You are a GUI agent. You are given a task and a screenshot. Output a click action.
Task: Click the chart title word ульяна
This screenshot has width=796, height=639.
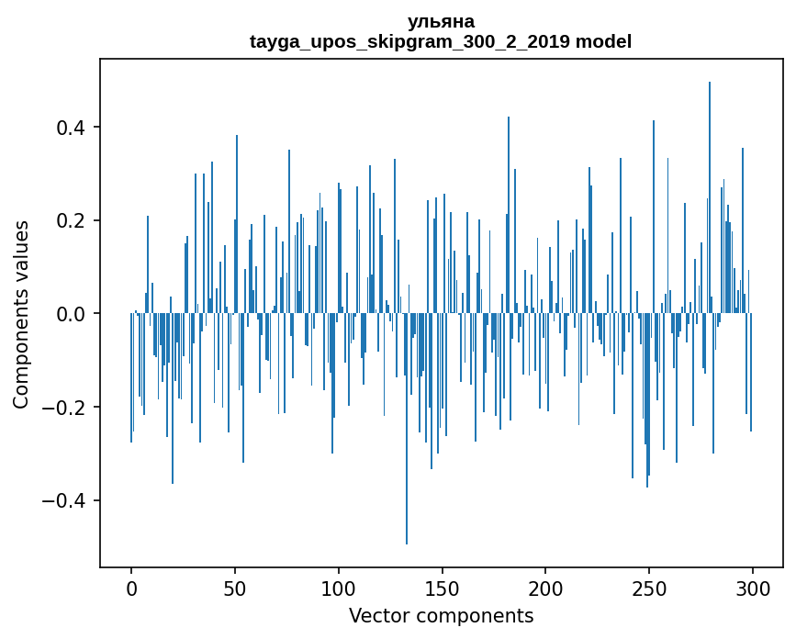(441, 21)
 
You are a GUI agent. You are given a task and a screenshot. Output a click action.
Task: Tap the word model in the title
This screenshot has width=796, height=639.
(603, 41)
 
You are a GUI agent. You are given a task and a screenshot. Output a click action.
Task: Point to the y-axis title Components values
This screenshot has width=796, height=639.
(21, 314)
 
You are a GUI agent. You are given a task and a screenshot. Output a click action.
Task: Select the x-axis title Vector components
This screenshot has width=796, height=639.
(441, 615)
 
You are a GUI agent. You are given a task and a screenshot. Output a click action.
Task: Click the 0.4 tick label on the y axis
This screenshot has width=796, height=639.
(75, 127)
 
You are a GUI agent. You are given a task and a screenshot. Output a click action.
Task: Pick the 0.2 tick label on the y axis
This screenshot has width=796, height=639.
(75, 220)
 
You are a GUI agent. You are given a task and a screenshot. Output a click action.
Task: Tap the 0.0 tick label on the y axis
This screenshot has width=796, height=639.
(75, 314)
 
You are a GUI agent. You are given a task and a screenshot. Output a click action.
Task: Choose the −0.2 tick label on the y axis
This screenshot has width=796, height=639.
(69, 408)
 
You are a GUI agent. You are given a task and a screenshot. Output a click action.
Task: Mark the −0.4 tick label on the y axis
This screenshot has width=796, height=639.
(69, 501)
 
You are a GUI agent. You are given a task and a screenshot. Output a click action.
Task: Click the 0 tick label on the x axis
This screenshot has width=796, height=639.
(131, 588)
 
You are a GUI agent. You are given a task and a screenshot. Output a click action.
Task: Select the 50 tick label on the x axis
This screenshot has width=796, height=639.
(235, 588)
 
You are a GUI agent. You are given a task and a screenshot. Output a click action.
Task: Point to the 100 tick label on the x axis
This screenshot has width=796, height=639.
(339, 588)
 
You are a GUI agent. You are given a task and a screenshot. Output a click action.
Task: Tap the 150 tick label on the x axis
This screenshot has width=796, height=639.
(443, 588)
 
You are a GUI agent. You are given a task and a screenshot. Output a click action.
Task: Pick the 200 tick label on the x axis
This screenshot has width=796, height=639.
(546, 588)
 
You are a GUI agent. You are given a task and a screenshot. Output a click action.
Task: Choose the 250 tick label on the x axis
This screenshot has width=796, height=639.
(650, 588)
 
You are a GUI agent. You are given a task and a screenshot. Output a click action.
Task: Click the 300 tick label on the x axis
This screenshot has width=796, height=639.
(754, 588)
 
